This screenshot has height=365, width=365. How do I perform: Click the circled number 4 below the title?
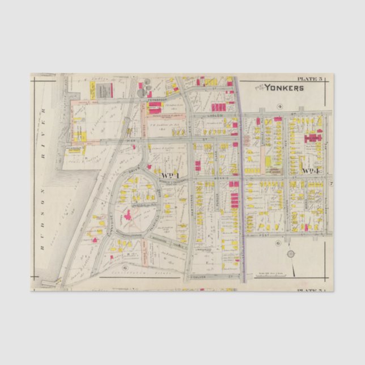[x=279, y=106]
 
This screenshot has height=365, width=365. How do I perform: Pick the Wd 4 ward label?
[x=312, y=171]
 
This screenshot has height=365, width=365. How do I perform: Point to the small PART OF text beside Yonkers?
[x=259, y=86]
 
